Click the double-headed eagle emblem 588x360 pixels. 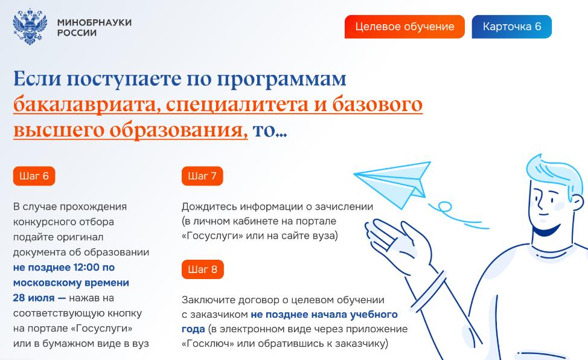point(30,27)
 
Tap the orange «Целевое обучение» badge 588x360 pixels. point(404,27)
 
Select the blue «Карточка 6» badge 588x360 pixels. point(511,27)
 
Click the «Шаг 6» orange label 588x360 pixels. point(34,176)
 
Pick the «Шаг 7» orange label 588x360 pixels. point(202,176)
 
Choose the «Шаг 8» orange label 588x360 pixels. point(202,269)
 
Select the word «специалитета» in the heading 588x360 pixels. point(238,104)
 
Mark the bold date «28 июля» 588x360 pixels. point(34,298)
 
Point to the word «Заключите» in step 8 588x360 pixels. point(208,300)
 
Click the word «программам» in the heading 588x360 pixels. point(281,80)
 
